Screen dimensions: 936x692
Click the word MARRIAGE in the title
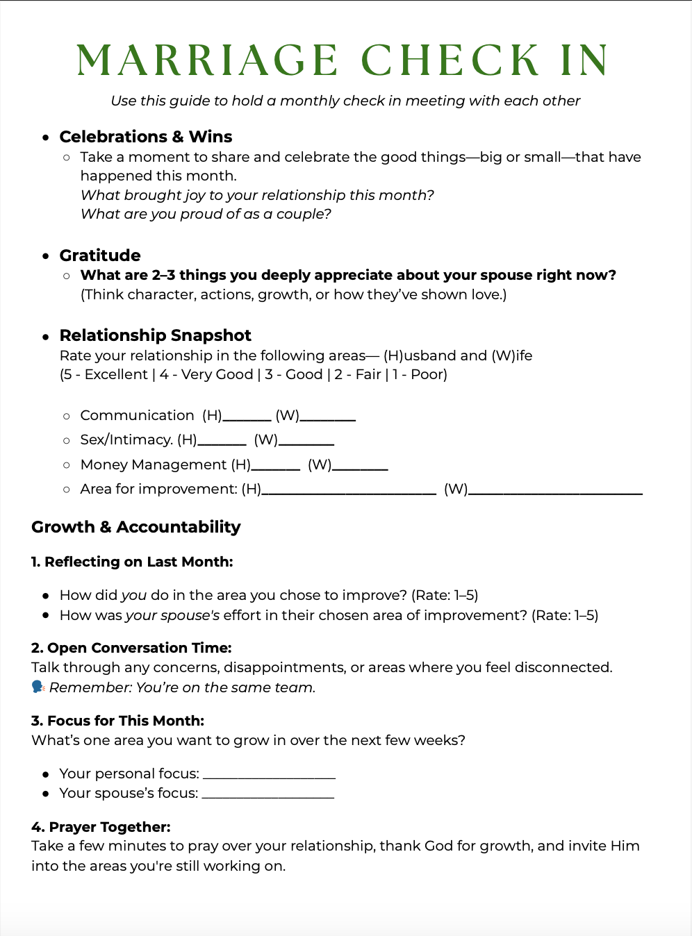(x=207, y=60)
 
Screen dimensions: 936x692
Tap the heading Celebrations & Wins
(x=146, y=137)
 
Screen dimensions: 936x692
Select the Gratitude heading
(x=100, y=256)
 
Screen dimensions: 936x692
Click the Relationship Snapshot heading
(x=155, y=335)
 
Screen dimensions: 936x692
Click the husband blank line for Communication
(x=247, y=419)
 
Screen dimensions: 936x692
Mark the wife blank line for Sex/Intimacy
(x=306, y=443)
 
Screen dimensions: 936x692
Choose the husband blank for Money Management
(x=276, y=468)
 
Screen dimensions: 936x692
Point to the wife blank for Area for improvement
(x=556, y=492)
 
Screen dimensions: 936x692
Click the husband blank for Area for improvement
(x=349, y=492)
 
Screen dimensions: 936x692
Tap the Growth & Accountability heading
(x=136, y=527)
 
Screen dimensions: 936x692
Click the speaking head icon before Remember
(x=38, y=687)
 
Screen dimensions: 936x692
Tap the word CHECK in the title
(x=450, y=60)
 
